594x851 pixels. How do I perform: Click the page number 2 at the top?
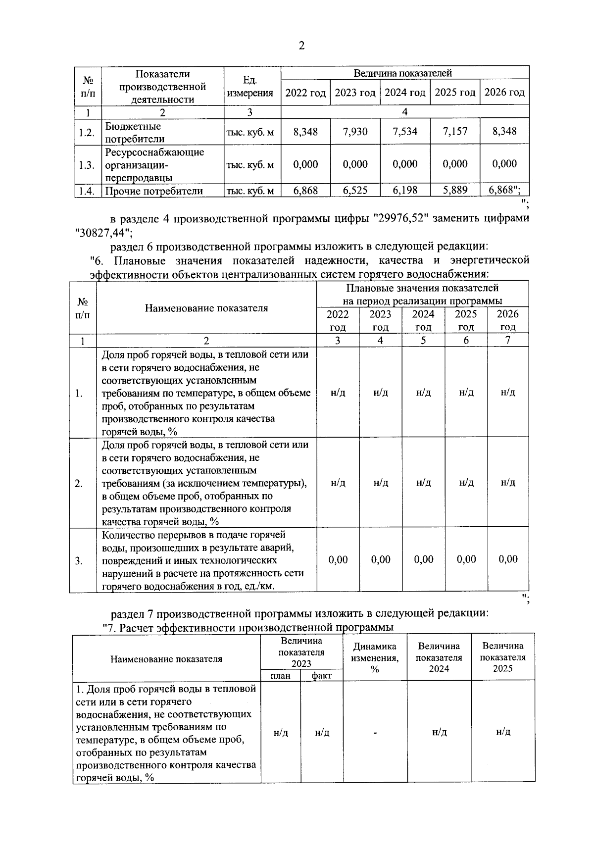pyautogui.click(x=301, y=46)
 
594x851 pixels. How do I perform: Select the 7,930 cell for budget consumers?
pyautogui.click(x=355, y=132)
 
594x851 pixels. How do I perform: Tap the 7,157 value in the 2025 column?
pyautogui.click(x=455, y=132)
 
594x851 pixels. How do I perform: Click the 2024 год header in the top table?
pyautogui.click(x=405, y=93)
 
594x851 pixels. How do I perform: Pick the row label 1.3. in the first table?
pyautogui.click(x=87, y=165)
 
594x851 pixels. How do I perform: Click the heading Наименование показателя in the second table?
pyautogui.click(x=206, y=308)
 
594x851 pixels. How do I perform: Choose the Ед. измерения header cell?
pyautogui.click(x=250, y=87)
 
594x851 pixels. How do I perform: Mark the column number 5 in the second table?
pyautogui.click(x=423, y=340)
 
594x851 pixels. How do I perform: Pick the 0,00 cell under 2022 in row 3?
pyautogui.click(x=338, y=560)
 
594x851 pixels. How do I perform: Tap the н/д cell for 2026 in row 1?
pyautogui.click(x=508, y=393)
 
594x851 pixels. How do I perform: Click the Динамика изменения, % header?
pyautogui.click(x=375, y=657)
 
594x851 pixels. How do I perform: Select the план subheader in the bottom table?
pyautogui.click(x=280, y=676)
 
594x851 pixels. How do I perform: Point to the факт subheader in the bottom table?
pyautogui.click(x=322, y=676)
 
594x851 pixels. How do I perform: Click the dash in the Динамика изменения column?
pyautogui.click(x=375, y=733)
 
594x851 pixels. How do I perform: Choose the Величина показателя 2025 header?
pyautogui.click(x=503, y=657)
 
